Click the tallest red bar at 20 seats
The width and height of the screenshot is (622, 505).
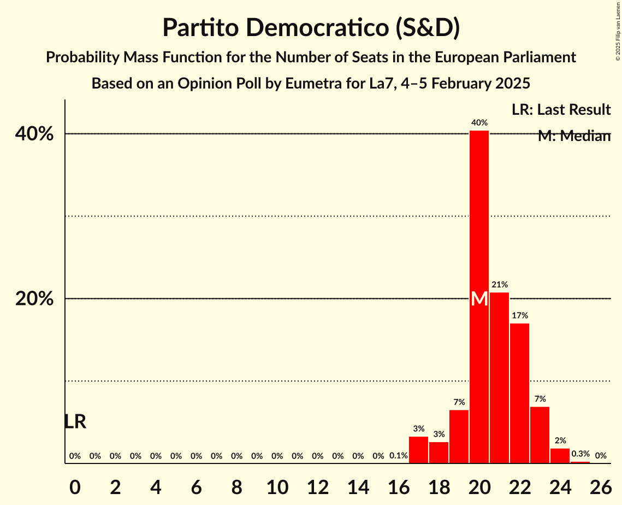(x=479, y=219)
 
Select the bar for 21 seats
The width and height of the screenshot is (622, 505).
(x=499, y=377)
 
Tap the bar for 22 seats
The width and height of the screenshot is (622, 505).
(x=519, y=394)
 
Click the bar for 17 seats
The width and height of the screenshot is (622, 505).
(x=418, y=450)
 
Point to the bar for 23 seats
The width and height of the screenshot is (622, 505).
(x=540, y=435)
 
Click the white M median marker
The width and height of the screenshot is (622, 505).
(x=479, y=298)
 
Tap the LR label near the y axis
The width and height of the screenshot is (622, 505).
(x=75, y=422)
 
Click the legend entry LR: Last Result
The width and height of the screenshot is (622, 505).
(x=561, y=110)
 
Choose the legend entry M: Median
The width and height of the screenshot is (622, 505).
(x=573, y=136)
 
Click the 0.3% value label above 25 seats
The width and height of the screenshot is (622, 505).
(x=580, y=454)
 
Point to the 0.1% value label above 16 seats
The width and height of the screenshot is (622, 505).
(x=398, y=456)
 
